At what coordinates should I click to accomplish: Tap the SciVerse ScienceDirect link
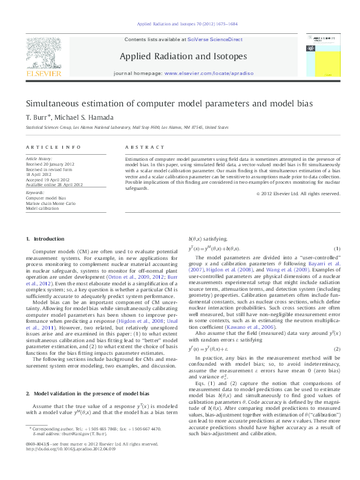214,39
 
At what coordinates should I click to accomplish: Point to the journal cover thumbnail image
319,54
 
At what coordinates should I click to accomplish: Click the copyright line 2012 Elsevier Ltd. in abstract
299,193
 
